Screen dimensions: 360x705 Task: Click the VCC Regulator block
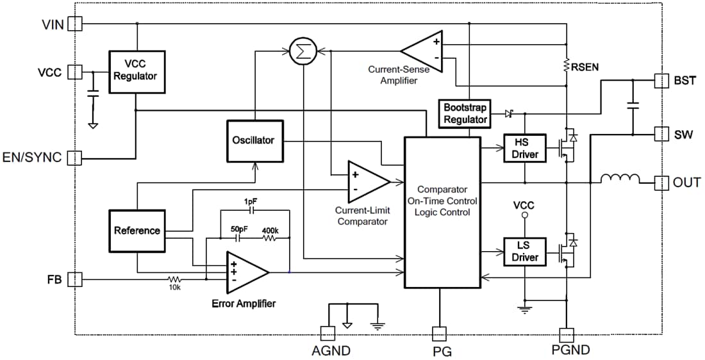tap(135, 71)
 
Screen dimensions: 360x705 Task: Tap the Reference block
tap(137, 231)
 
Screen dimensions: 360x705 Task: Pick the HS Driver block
tap(525, 149)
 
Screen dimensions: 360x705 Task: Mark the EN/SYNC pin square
tap(75, 157)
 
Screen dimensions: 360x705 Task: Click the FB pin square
tap(75, 279)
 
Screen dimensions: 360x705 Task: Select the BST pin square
tap(661, 81)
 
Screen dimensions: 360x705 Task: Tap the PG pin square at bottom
tap(439, 333)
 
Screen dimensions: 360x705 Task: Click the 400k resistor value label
tap(270, 229)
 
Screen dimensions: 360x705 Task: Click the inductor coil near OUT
tap(620, 179)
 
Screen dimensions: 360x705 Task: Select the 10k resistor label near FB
tap(175, 288)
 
